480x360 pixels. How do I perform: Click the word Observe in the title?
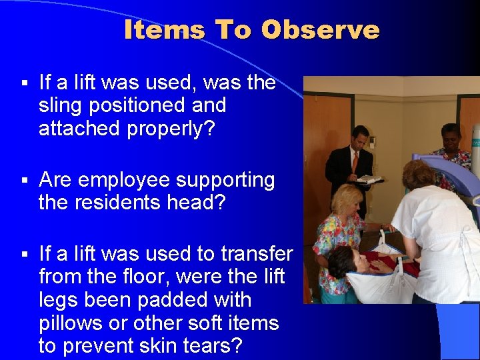[x=320, y=30]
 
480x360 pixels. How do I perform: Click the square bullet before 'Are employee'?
[x=23, y=181]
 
